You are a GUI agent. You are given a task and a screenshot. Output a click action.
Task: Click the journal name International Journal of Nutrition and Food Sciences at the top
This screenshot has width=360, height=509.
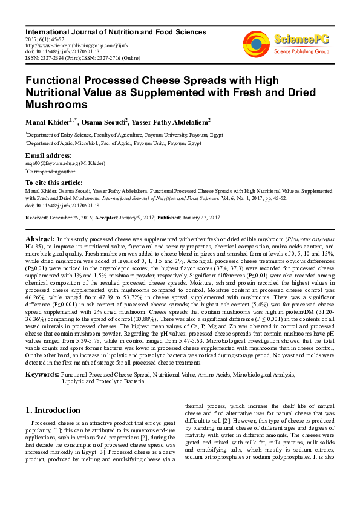tap(116, 31)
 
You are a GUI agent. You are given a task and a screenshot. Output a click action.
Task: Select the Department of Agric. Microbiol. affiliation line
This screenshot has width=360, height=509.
tap(113, 144)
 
